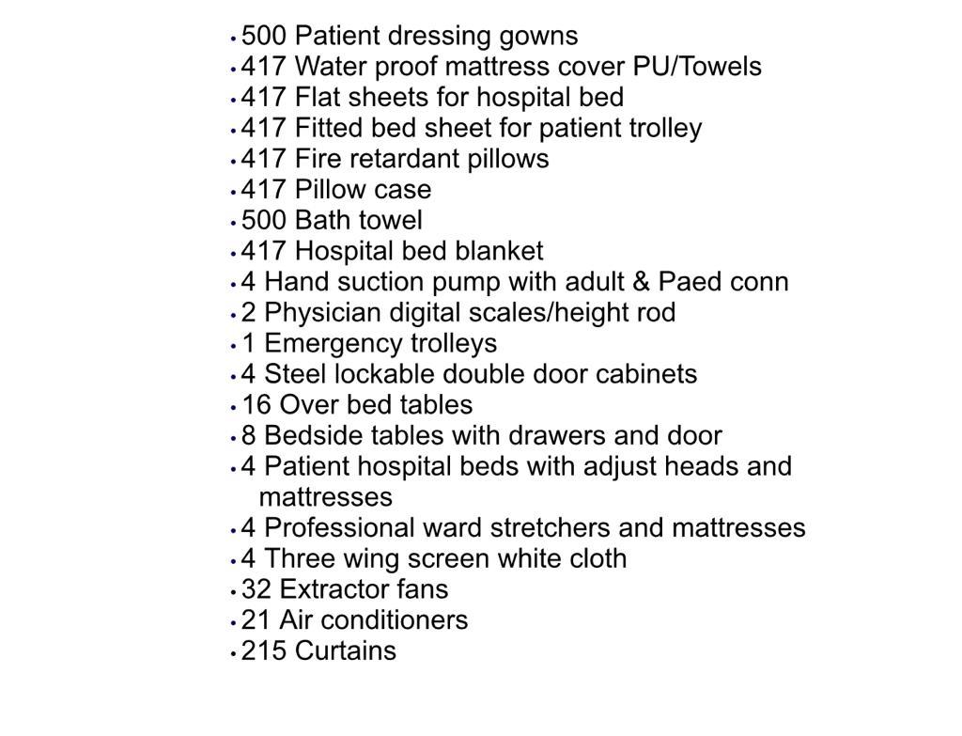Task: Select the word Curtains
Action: click(x=346, y=651)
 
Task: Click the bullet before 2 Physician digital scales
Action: click(x=233, y=314)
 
